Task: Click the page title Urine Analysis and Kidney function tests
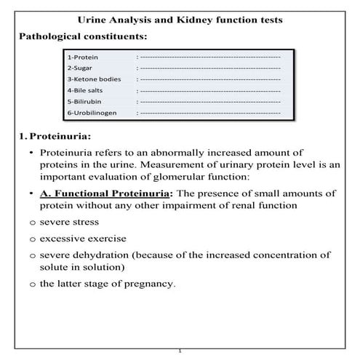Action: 180,19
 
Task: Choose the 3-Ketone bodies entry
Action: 94,79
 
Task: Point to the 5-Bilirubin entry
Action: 85,102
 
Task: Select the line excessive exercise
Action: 83,238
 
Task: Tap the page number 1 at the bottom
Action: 180,351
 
